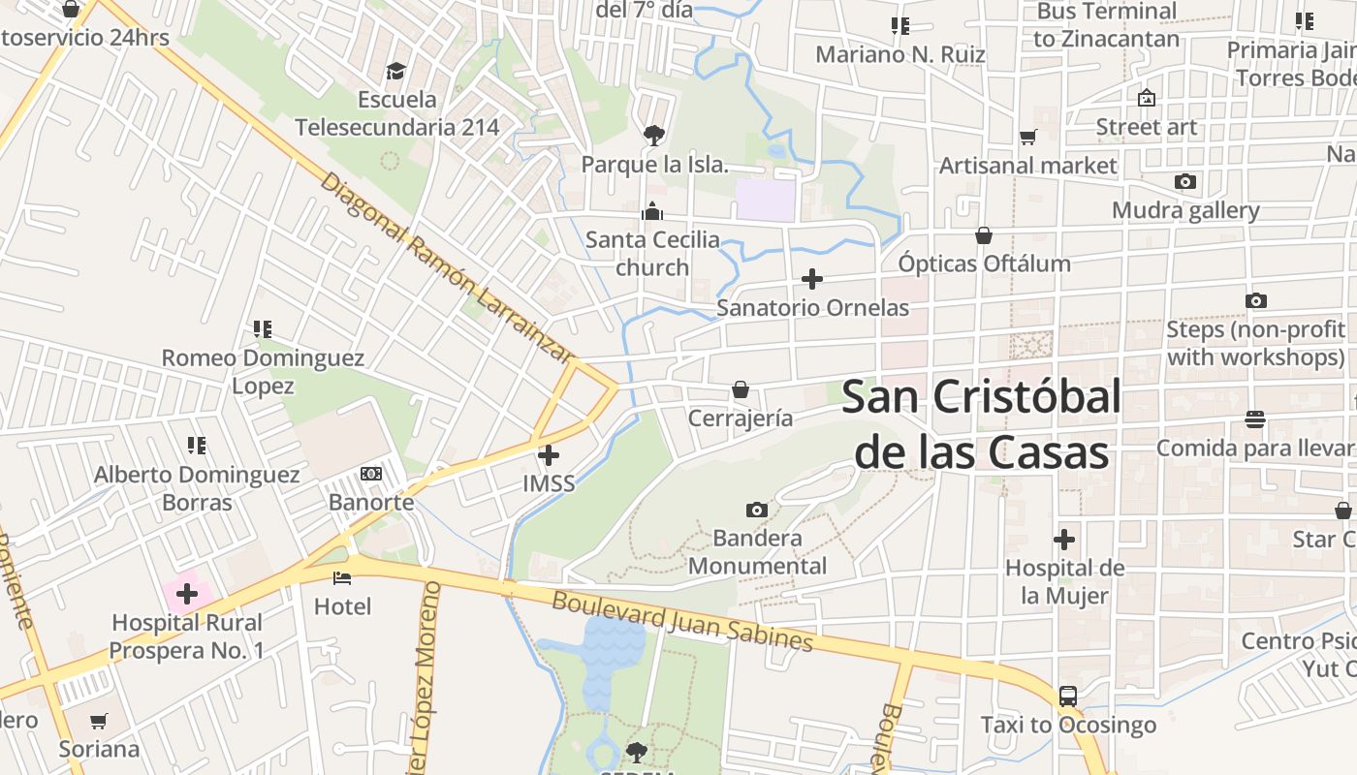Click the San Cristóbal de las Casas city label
point(981,424)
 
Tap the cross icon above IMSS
point(549,454)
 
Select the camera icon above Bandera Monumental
point(757,510)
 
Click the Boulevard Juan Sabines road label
point(681,620)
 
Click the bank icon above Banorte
point(370,474)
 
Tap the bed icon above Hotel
point(342,578)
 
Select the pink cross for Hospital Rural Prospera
point(187,593)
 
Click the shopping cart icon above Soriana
point(98,721)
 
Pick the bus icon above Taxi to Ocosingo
point(1067,696)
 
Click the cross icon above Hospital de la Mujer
point(1064,540)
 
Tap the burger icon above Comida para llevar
point(1255,419)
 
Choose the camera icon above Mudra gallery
point(1184,181)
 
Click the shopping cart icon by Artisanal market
point(1028,138)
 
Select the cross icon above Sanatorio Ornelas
point(812,280)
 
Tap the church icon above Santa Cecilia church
point(652,210)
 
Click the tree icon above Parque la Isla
point(654,135)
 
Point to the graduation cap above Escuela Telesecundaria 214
point(396,71)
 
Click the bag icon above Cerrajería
point(741,389)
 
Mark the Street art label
point(1146,127)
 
